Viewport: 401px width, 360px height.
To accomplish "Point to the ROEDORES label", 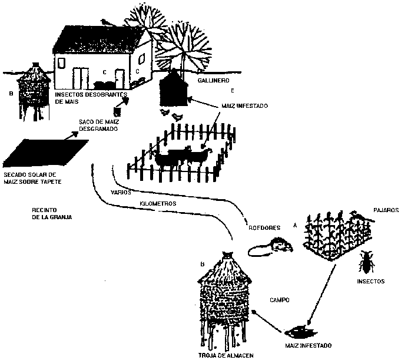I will [261, 229].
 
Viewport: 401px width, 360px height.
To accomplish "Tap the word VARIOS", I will [121, 193].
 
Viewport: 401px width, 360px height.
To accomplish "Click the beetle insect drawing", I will [366, 261].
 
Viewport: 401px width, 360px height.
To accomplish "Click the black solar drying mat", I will [46, 153].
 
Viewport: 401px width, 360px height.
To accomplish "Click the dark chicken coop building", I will [174, 88].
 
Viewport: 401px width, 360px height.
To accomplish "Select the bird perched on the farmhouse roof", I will [106, 22].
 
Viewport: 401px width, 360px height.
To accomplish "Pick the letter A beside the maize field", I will [294, 224].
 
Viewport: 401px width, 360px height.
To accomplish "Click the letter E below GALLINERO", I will [233, 91].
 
